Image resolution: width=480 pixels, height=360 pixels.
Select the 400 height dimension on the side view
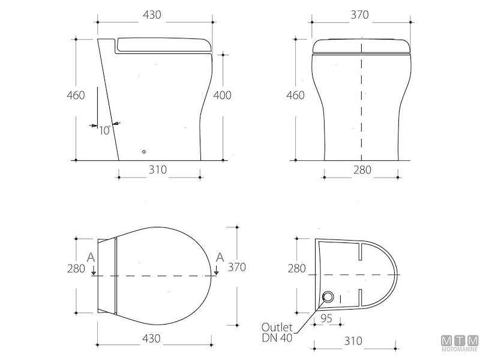click(x=223, y=95)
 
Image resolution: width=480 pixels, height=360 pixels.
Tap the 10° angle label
click(x=104, y=130)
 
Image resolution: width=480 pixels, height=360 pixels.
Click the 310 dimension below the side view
click(x=158, y=170)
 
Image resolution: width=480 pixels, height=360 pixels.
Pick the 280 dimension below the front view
click(x=362, y=170)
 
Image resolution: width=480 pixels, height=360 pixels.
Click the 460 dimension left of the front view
click(x=295, y=95)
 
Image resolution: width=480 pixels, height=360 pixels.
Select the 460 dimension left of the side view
click(x=76, y=95)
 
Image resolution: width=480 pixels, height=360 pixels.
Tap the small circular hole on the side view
click(x=143, y=152)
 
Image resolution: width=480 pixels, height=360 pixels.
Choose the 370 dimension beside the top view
click(x=237, y=267)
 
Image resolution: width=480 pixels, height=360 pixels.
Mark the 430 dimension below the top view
click(x=153, y=339)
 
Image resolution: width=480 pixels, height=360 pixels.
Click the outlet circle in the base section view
click(x=328, y=296)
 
